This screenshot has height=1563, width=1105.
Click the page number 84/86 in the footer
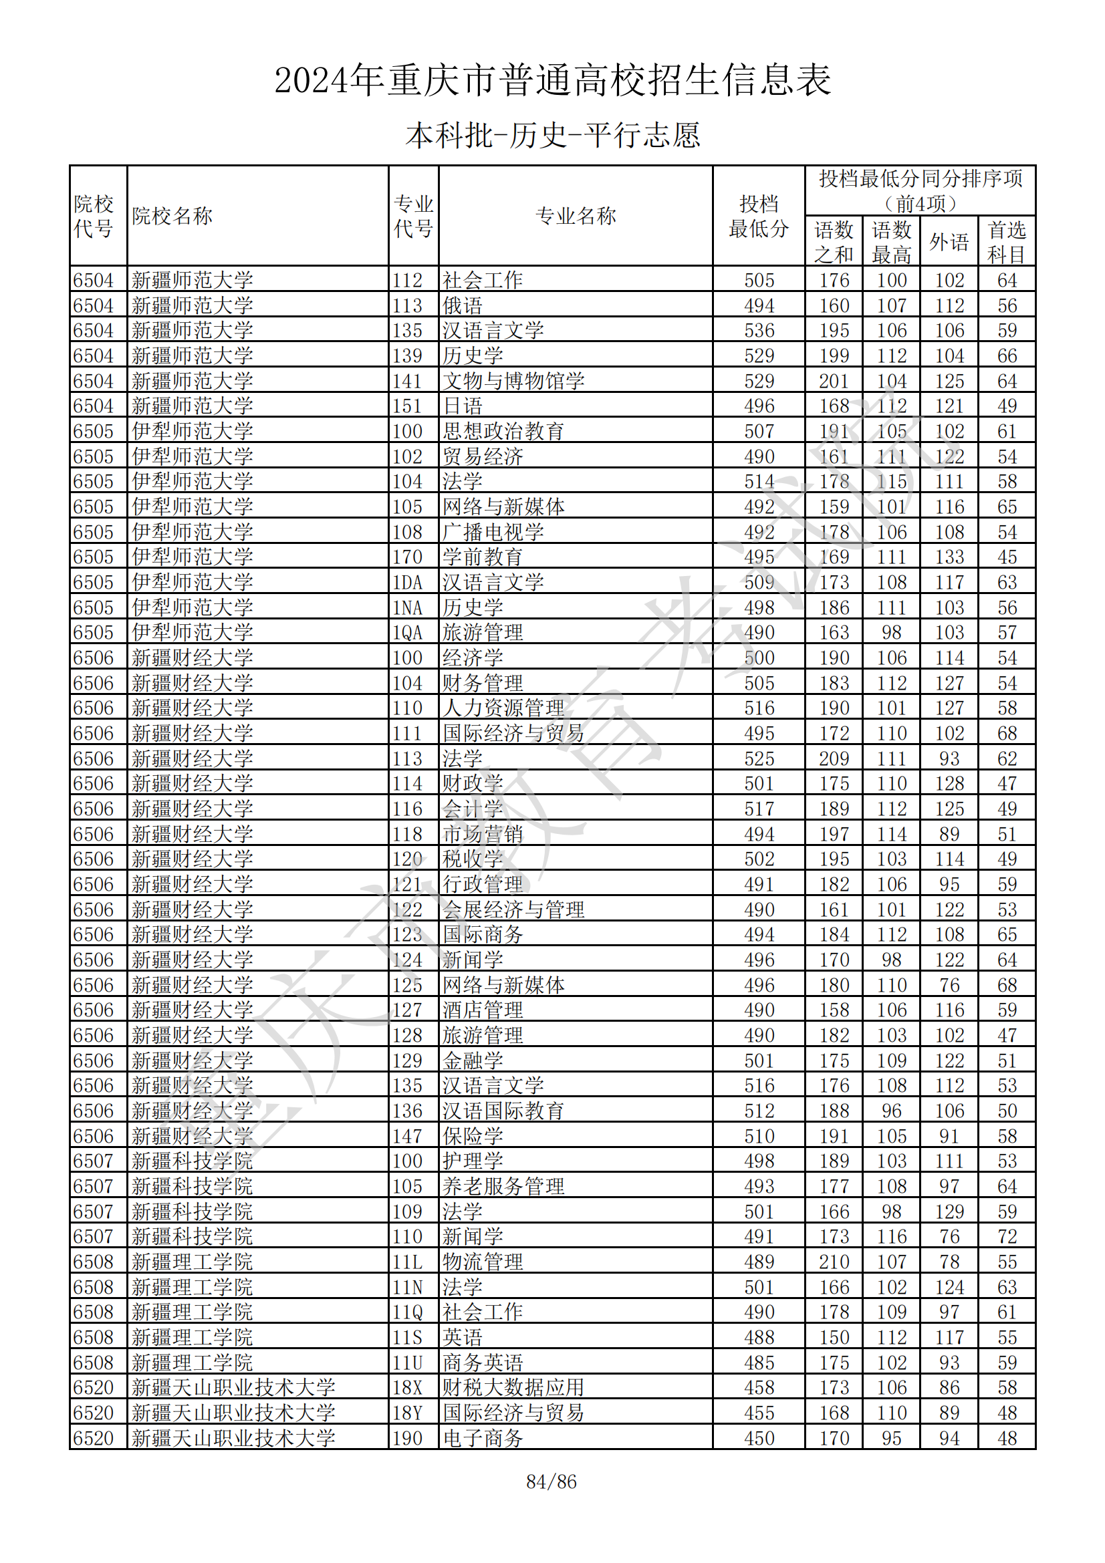(551, 1481)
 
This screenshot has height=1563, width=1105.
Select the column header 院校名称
(172, 216)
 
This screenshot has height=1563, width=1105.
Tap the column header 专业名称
(576, 216)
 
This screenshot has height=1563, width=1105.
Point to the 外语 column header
(949, 242)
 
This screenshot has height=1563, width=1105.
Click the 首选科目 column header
(1007, 242)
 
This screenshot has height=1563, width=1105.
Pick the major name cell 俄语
(463, 305)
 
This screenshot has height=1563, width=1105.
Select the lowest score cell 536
(759, 331)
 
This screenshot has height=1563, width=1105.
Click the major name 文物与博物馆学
(513, 381)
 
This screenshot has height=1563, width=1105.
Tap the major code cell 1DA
(407, 583)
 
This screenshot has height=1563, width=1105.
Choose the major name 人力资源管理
(503, 708)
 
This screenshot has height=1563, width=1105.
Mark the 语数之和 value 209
(834, 758)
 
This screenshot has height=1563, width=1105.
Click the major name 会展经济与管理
(513, 909)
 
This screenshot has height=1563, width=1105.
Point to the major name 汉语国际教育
(503, 1111)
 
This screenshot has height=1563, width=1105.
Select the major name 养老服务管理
(503, 1187)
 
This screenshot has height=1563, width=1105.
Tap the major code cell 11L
(407, 1262)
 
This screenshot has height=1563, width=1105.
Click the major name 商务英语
(483, 1363)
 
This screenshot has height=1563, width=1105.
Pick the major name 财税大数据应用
(513, 1388)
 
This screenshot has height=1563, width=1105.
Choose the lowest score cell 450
(759, 1439)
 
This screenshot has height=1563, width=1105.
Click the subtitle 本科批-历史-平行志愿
(552, 135)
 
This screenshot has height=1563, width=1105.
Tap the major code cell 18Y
(407, 1413)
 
